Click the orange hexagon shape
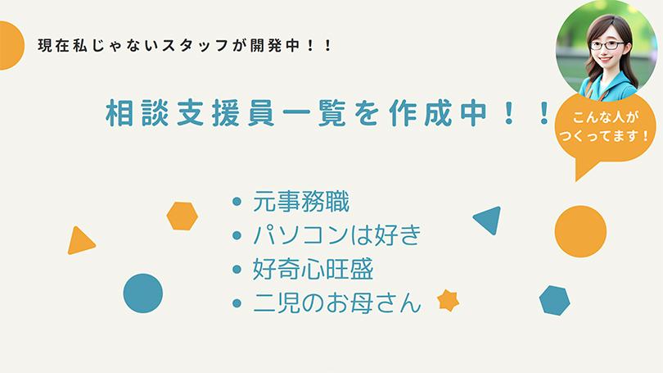click(x=183, y=216)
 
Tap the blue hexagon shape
click(x=555, y=300)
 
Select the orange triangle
click(x=80, y=242)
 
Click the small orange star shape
click(x=449, y=301)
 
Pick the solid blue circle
click(x=143, y=293)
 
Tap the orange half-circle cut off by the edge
click(x=11, y=45)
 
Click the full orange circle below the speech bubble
click(x=580, y=231)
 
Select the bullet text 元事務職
click(x=301, y=202)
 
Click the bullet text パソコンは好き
click(x=337, y=235)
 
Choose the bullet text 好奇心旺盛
click(x=313, y=269)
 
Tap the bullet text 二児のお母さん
click(x=337, y=302)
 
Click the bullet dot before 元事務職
click(x=237, y=202)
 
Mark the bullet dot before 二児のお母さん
click(x=237, y=302)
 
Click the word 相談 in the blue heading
click(x=137, y=113)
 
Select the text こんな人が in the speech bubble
click(x=604, y=117)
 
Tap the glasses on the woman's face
click(x=607, y=45)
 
